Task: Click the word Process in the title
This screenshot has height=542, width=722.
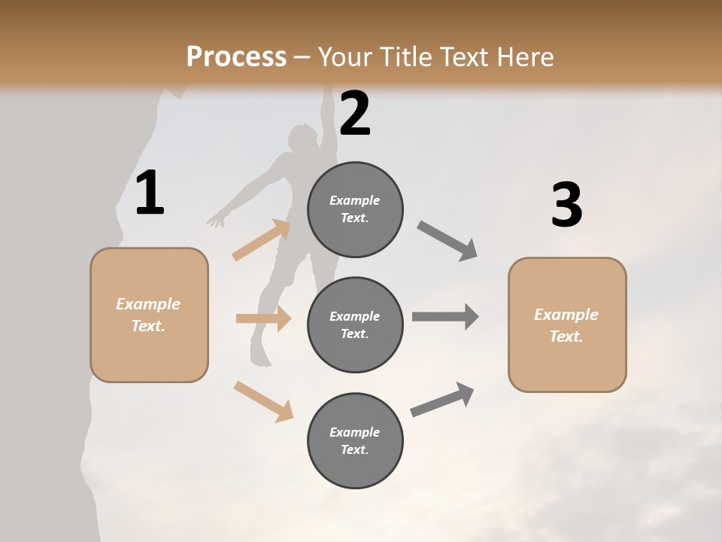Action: click(x=236, y=57)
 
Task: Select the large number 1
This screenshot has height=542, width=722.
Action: click(x=150, y=193)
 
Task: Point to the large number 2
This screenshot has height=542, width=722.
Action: click(x=355, y=114)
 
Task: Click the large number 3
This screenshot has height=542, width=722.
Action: click(x=566, y=206)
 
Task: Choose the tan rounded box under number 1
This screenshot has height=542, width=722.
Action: click(x=149, y=315)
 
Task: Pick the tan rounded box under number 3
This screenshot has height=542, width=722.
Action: click(x=567, y=324)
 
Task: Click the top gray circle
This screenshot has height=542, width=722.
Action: click(x=355, y=209)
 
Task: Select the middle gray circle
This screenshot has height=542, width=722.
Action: click(x=355, y=324)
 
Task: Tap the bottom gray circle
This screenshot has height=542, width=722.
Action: click(x=355, y=440)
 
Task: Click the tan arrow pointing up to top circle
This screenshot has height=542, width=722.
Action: click(x=262, y=240)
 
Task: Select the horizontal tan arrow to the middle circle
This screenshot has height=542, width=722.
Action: click(x=263, y=318)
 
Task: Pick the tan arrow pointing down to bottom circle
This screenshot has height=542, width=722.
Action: click(x=263, y=400)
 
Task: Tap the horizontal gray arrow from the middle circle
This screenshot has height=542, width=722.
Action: click(x=445, y=317)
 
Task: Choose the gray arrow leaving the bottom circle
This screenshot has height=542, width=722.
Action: click(x=442, y=400)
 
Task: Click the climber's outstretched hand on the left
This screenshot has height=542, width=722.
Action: click(x=217, y=220)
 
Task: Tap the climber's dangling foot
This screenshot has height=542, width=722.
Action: click(x=260, y=358)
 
